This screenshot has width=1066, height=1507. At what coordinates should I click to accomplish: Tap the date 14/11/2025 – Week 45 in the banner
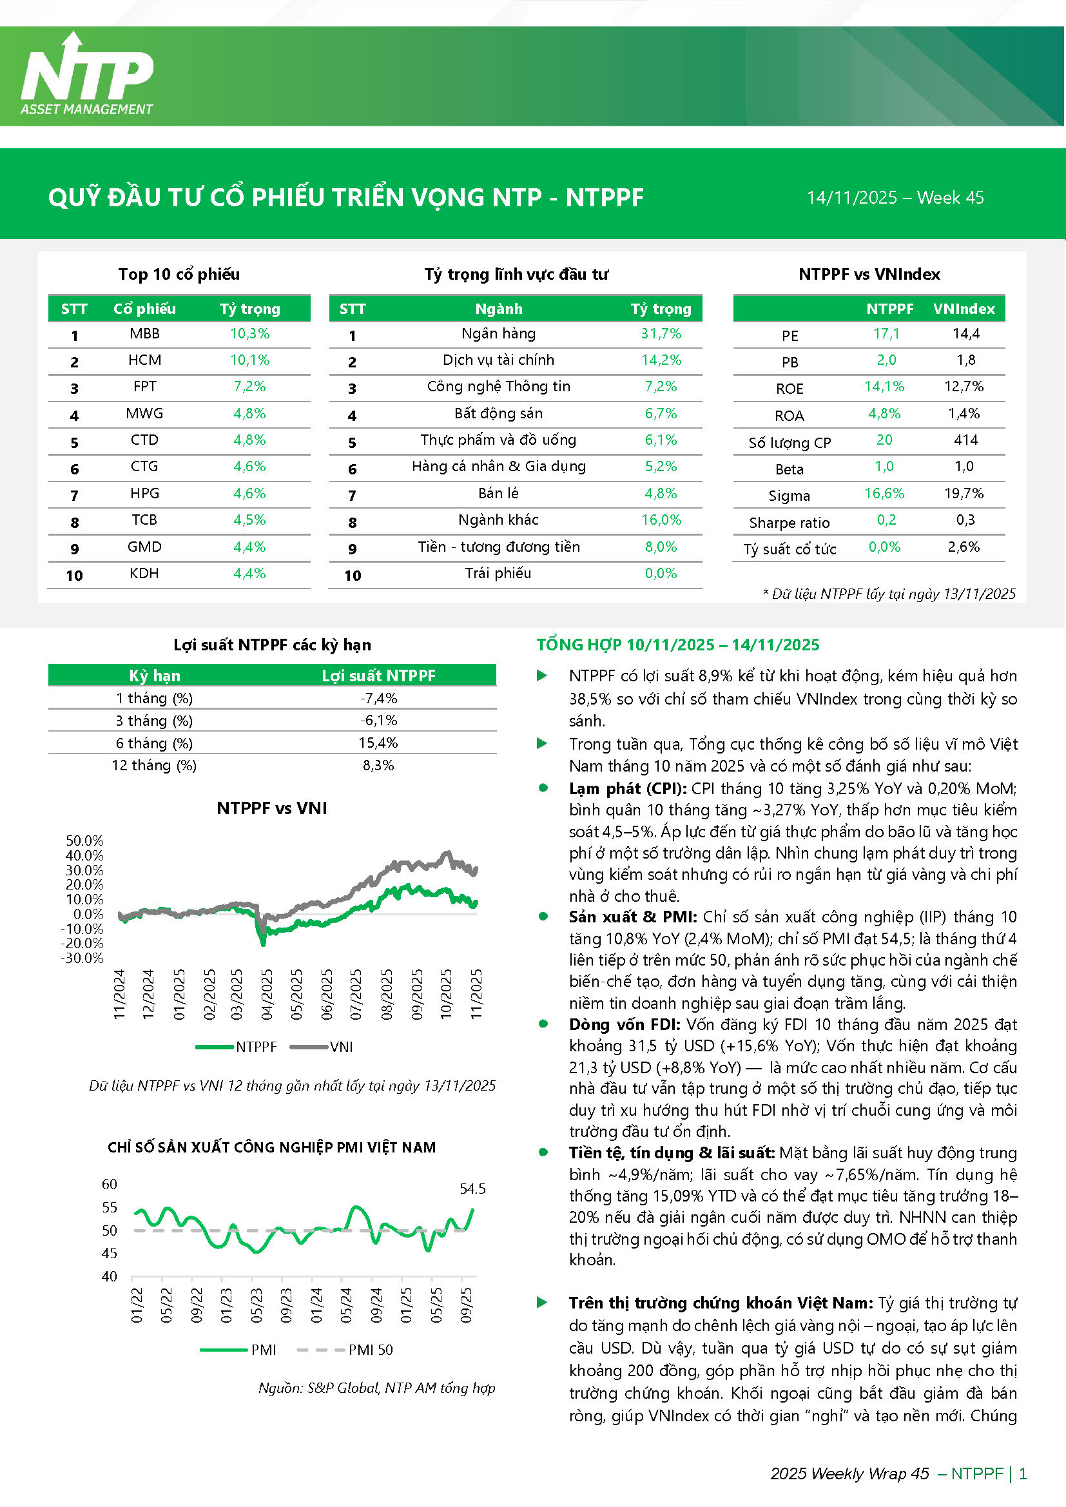(895, 198)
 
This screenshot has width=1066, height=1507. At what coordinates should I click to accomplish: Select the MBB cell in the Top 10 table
(144, 333)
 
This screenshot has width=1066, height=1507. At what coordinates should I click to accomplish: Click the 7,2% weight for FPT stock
(249, 387)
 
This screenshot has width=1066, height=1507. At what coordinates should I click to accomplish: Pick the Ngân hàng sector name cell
(498, 333)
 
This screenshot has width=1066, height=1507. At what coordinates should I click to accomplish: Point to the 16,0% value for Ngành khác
(661, 520)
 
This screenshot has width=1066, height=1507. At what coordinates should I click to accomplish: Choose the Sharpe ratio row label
(789, 523)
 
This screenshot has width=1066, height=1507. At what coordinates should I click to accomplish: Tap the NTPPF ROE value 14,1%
(884, 387)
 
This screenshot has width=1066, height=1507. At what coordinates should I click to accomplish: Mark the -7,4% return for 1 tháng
(379, 698)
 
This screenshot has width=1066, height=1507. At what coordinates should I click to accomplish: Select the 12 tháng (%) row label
(154, 765)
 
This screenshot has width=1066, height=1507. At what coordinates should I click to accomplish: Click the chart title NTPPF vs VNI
(272, 808)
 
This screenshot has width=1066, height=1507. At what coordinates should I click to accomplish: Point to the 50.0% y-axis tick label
(84, 841)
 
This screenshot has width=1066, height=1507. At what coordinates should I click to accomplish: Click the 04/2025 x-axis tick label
(267, 994)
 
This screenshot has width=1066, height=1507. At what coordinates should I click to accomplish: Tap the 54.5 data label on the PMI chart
(472, 1189)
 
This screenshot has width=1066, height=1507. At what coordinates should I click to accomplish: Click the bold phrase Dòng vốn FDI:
(626, 1025)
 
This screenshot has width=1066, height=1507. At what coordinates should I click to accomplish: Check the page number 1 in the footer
(1022, 1473)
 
